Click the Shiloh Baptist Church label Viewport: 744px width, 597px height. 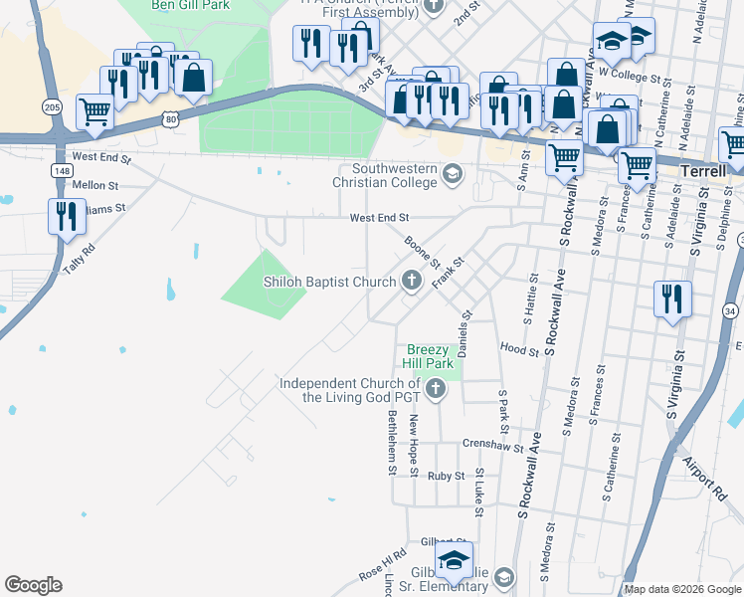pyautogui.click(x=329, y=283)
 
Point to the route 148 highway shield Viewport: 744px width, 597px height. pyautogui.click(x=63, y=170)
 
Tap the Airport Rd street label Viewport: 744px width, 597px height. pyautogui.click(x=705, y=479)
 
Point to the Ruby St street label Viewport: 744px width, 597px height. pyautogui.click(x=446, y=477)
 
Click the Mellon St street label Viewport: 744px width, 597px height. pyautogui.click(x=95, y=185)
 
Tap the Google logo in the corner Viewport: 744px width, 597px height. pyautogui.click(x=33, y=585)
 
